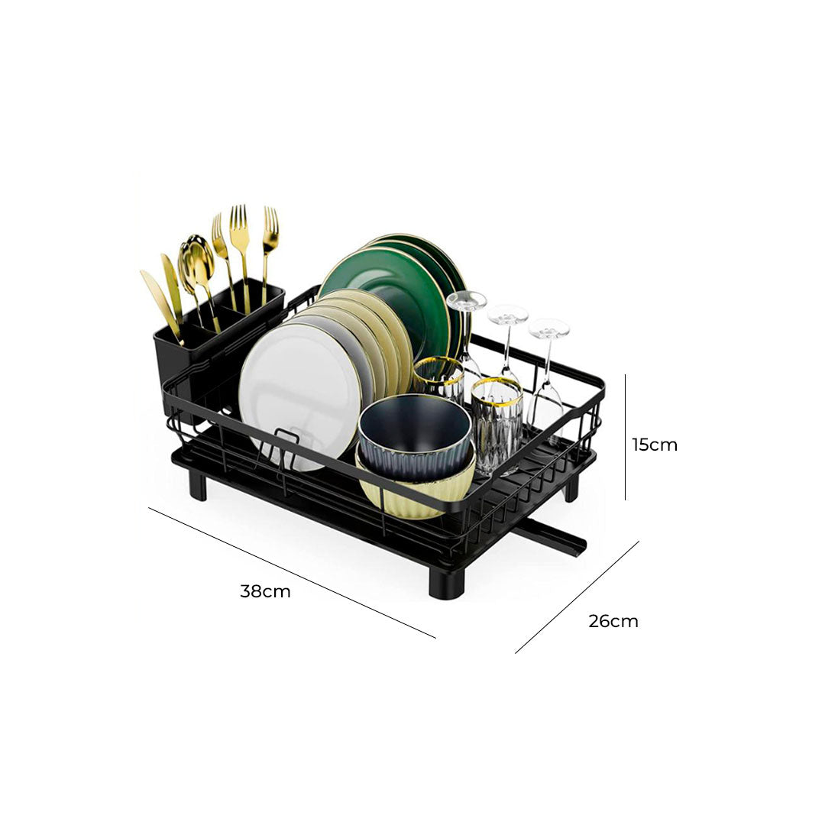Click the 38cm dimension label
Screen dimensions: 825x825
point(265,591)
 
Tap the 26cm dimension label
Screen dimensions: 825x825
point(613,621)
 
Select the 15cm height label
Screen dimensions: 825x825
point(655,445)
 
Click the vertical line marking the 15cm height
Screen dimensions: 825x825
point(626,437)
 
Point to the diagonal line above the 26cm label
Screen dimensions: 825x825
point(577,597)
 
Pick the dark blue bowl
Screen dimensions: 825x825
point(414,435)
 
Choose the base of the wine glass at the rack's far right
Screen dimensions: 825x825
point(548,328)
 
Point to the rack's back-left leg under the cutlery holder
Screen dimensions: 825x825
point(198,486)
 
